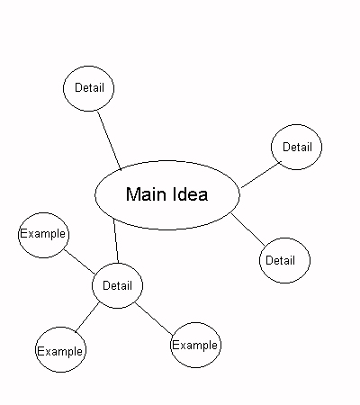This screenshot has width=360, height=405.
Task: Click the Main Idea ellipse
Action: pyautogui.click(x=167, y=160)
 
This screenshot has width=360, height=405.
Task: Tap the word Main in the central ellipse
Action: pyautogui.click(x=146, y=194)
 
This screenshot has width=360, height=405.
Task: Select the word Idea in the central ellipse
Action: pyautogui.click(x=191, y=194)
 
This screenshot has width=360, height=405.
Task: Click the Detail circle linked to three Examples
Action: pyautogui.click(x=117, y=263)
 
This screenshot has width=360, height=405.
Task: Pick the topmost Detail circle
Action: pyautogui.click(x=88, y=66)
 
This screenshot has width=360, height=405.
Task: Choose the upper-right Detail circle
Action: pyautogui.click(x=296, y=125)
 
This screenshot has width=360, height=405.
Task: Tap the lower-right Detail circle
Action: pyautogui.click(x=284, y=238)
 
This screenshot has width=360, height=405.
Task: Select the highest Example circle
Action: pyautogui.click(x=43, y=213)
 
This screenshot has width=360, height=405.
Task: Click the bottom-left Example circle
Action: pyautogui.click(x=60, y=328)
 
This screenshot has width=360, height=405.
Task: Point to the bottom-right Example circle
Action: pyautogui.click(x=195, y=323)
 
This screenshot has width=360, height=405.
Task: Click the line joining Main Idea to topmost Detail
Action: pyautogui.click(x=110, y=140)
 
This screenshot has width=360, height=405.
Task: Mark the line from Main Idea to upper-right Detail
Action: pyautogui.click(x=261, y=175)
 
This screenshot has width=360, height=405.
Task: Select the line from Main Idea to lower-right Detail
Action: pyautogui.click(x=248, y=229)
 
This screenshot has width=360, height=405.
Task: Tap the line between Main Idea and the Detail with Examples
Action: pyautogui.click(x=116, y=241)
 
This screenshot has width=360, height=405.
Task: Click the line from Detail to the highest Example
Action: pyautogui.click(x=80, y=262)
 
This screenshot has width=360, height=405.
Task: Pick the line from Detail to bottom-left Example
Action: pyautogui.click(x=87, y=318)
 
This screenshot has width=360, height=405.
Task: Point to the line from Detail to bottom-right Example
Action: pyautogui.click(x=154, y=319)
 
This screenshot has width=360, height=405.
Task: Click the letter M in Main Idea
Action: pyautogui.click(x=132, y=194)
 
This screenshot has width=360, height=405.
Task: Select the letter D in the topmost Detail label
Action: pyautogui.click(x=77, y=88)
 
